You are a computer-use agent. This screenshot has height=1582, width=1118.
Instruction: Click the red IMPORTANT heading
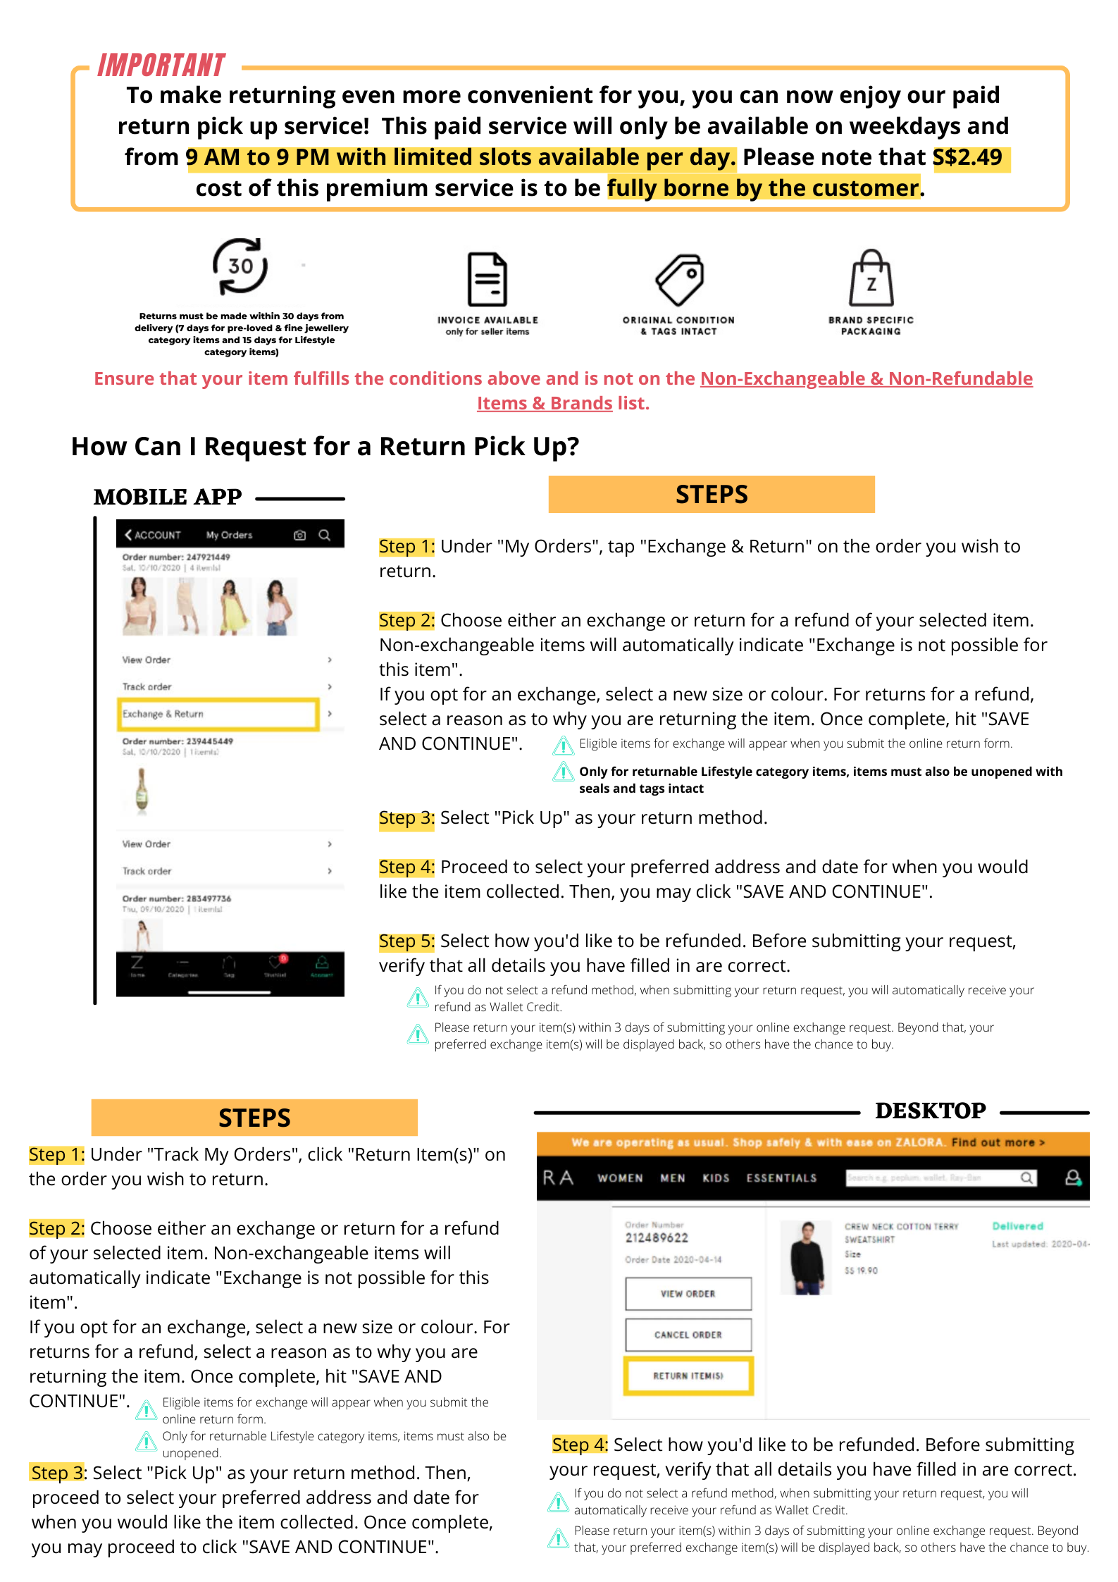pos(161,66)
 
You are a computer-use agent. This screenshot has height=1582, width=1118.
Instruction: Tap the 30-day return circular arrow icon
pos(240,266)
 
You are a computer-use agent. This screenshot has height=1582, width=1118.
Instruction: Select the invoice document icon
pos(487,279)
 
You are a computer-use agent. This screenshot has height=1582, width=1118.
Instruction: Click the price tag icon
pos(679,279)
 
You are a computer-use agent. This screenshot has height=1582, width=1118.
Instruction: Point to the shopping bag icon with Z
pos(871,278)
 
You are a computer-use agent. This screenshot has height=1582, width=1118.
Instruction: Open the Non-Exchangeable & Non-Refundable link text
pos(866,378)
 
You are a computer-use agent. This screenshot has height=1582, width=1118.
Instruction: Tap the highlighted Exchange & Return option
pos(218,714)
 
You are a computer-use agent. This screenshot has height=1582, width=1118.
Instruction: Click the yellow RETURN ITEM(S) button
pos(688,1376)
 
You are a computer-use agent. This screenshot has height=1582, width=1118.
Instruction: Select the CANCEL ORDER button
pos(688,1335)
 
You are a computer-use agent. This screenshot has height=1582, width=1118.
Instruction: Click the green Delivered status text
pos(1017,1226)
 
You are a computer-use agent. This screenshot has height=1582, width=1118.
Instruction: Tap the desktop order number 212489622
pos(657,1237)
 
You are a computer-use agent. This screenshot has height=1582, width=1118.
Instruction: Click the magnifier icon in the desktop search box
pos(1026,1178)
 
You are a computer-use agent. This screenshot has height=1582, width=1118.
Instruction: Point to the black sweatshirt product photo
pos(807,1258)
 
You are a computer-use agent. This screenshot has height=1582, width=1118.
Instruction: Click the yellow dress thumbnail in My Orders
pos(232,607)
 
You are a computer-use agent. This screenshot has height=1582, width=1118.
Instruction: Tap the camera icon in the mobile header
pos(299,535)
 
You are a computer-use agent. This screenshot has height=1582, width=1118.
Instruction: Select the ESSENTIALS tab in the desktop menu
pos(781,1178)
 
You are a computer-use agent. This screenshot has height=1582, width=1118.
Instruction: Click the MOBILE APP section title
pos(168,497)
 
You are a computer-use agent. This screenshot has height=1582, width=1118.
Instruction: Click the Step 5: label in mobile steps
pos(406,941)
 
